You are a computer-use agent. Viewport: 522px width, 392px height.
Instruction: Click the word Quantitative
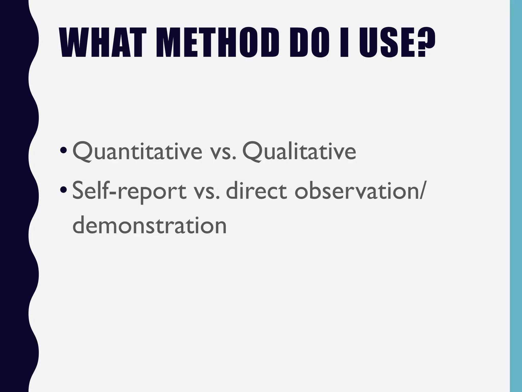[x=137, y=152]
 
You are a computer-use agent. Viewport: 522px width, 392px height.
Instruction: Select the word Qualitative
[x=299, y=152]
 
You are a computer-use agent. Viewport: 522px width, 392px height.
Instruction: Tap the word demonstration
[x=149, y=226]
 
